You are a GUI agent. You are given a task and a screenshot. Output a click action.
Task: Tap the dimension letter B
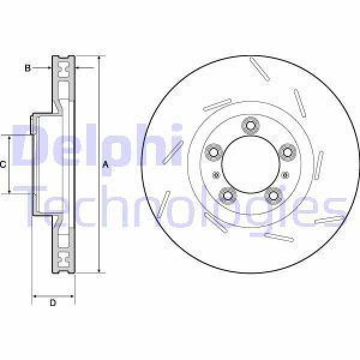[27, 68]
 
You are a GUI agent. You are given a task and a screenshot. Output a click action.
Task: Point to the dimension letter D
[52, 302]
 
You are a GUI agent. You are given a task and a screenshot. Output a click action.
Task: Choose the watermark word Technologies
[180, 204]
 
